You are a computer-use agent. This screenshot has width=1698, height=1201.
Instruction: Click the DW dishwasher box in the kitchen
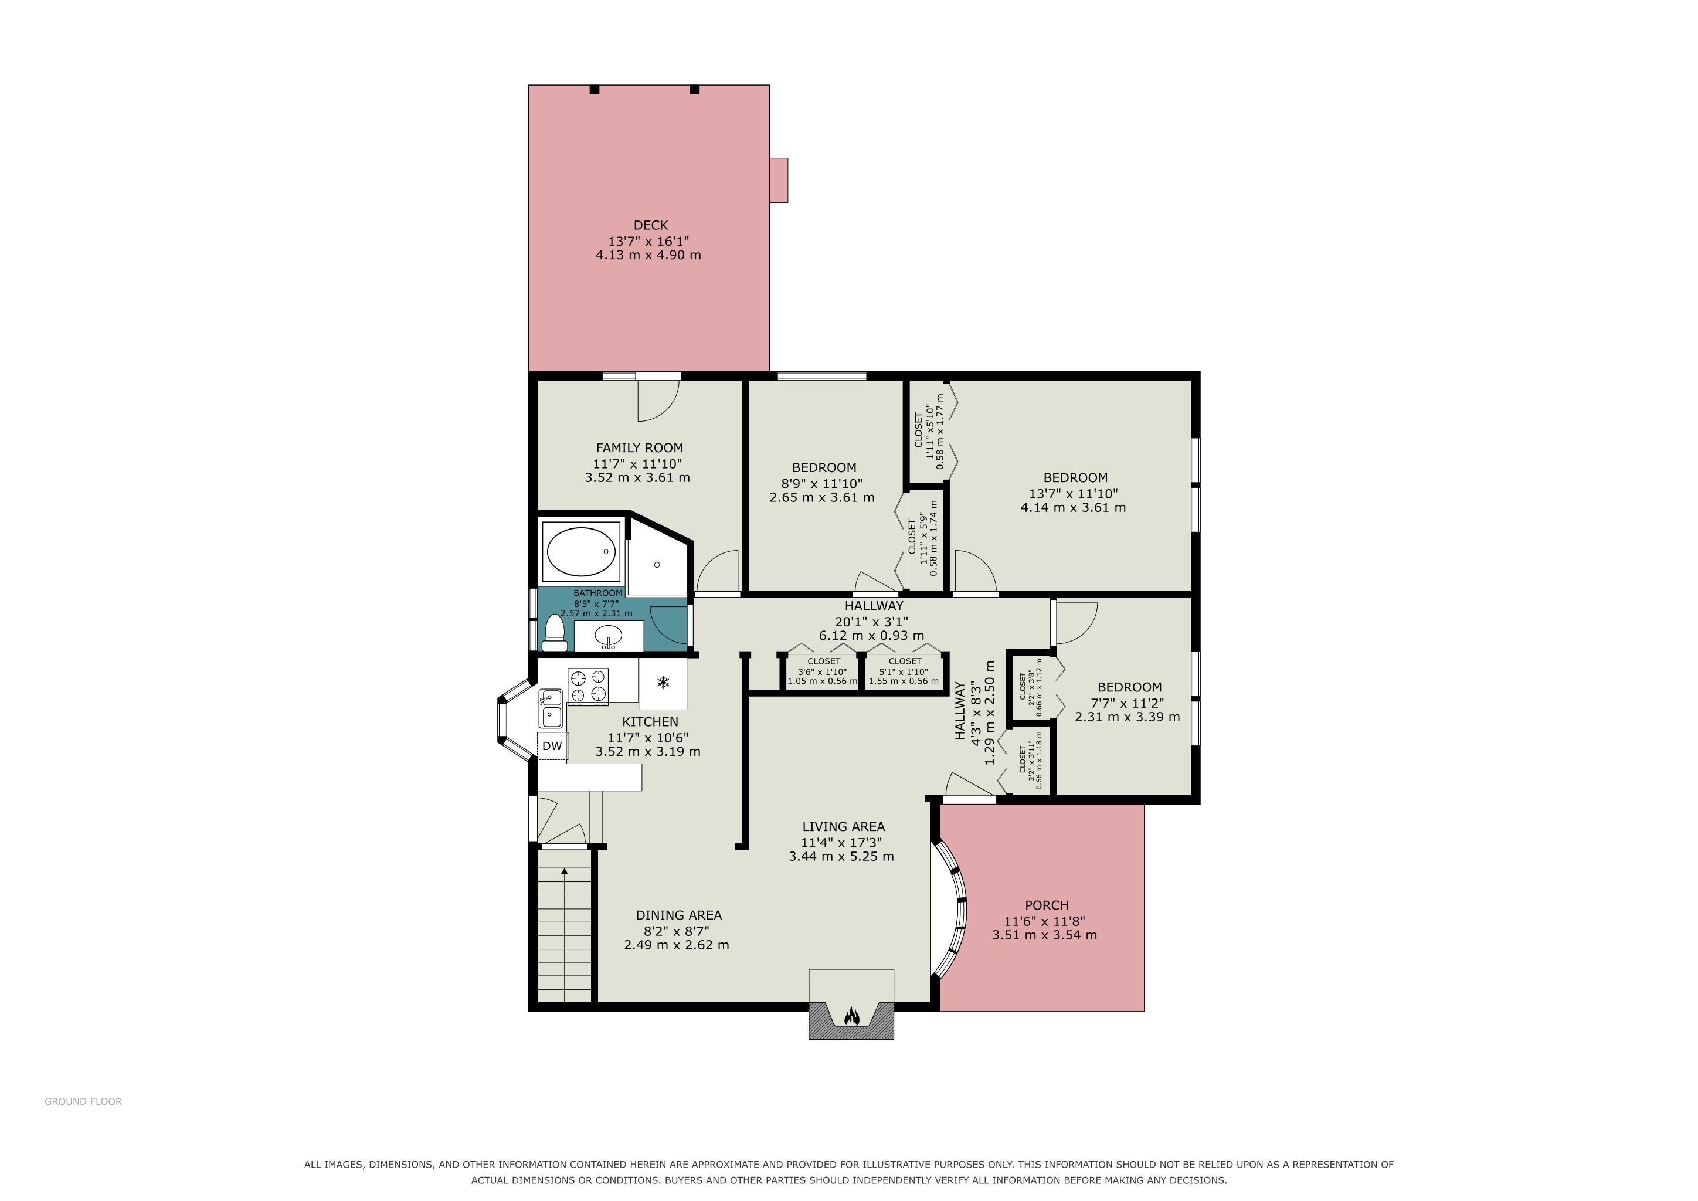[552, 746]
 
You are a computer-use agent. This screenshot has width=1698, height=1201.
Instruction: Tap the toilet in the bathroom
[554, 633]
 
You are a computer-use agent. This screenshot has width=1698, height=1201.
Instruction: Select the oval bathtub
[581, 552]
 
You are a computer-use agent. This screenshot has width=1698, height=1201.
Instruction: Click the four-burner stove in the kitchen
[588, 686]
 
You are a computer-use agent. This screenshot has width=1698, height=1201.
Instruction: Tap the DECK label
[651, 225]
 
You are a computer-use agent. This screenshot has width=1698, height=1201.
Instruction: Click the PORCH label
[1047, 905]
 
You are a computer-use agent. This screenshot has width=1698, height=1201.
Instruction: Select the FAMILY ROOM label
[640, 447]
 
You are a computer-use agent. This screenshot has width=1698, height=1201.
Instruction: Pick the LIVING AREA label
[844, 827]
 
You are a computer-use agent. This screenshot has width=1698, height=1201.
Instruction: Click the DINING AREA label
[679, 915]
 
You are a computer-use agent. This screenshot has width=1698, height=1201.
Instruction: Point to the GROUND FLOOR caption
[83, 1101]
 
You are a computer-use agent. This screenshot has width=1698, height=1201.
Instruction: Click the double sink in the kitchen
[551, 708]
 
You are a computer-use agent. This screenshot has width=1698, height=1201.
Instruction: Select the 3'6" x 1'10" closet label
[823, 671]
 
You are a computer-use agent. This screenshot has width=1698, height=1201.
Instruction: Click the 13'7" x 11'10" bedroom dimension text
[1073, 493]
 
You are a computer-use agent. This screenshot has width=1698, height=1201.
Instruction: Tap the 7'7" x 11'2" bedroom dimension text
[1127, 703]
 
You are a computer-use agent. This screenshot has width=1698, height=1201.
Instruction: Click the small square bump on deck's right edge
[779, 179]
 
